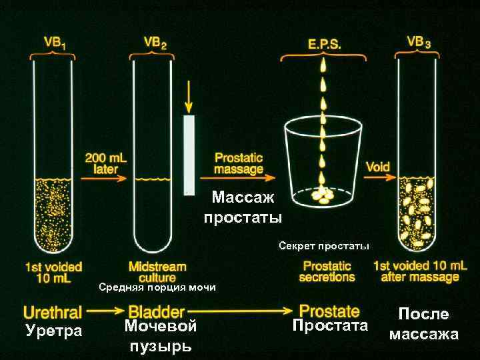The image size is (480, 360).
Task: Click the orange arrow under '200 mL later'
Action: [x=105, y=178]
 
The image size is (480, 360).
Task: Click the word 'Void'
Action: [x=378, y=167]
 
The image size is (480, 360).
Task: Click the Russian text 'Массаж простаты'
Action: [x=243, y=207]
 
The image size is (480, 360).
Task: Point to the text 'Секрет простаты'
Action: [x=324, y=247]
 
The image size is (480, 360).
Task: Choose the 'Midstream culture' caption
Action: [x=157, y=271]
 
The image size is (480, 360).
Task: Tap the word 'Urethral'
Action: [x=53, y=311]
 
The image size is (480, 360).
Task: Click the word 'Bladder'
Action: [x=156, y=311]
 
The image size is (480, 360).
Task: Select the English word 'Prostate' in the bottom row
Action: [x=329, y=310]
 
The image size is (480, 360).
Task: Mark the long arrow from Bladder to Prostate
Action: [x=240, y=311]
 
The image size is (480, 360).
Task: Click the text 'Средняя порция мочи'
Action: [x=157, y=288]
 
